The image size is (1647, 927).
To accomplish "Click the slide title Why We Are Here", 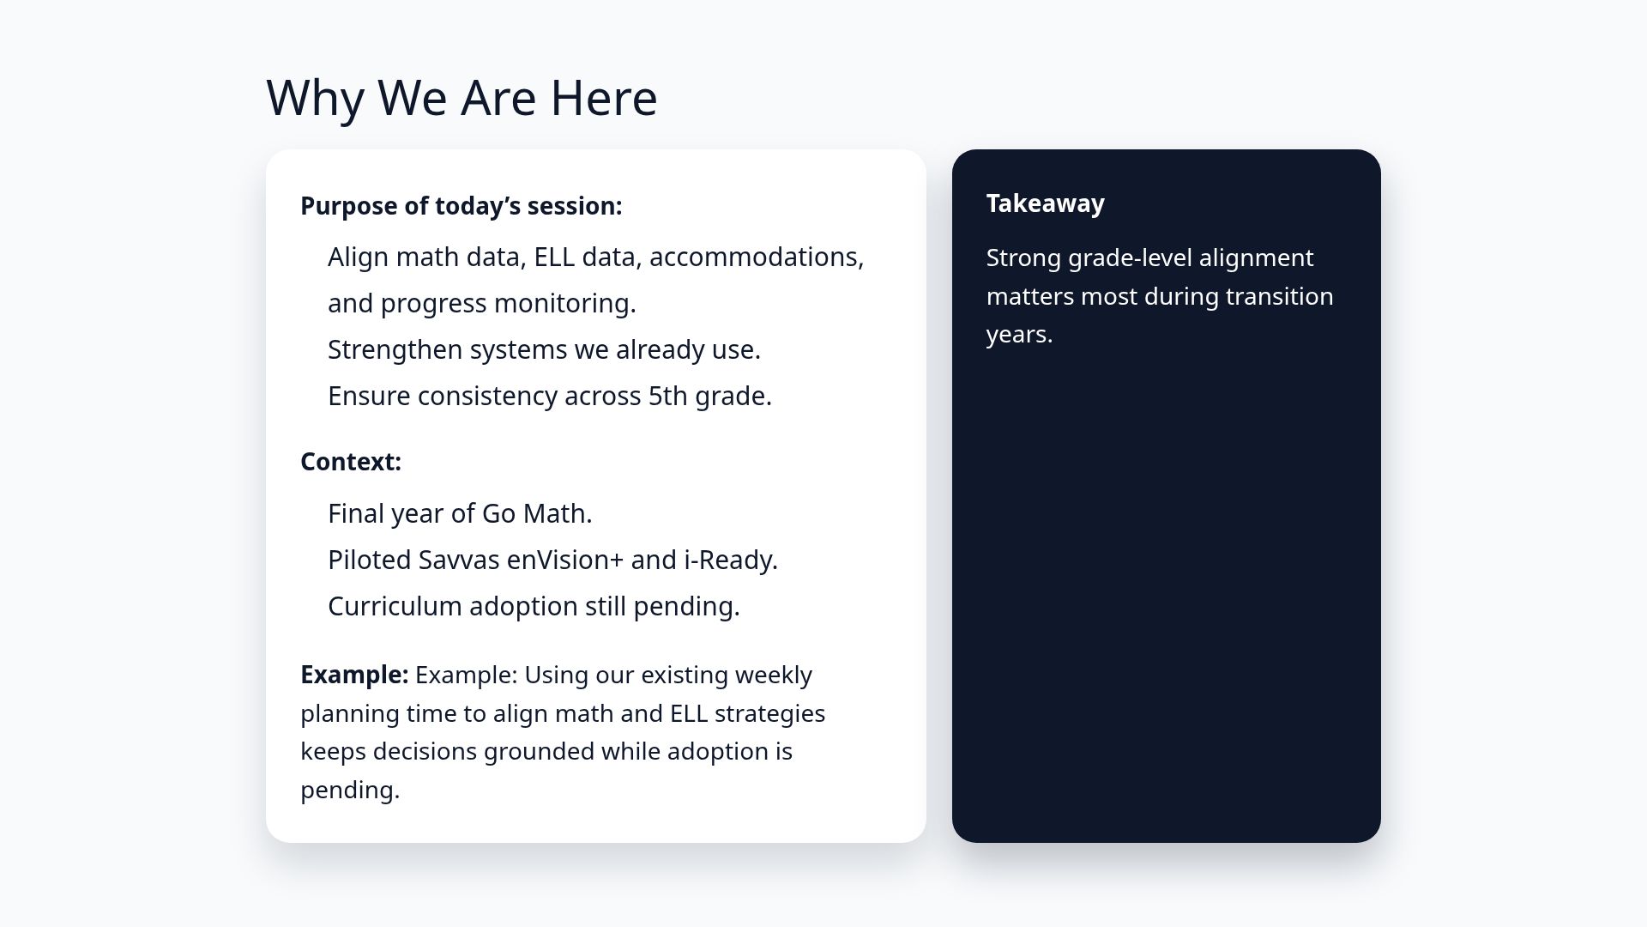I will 462,98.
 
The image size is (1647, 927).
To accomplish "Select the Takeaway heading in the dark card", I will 1045,203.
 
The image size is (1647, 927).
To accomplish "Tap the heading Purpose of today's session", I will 461,206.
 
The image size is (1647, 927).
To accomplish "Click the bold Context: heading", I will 350,462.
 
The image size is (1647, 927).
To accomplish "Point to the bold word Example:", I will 353,675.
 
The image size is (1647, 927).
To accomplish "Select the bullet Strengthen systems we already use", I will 544,350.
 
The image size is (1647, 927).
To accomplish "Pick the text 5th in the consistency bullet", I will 667,397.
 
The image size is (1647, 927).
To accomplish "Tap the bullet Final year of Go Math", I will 460,514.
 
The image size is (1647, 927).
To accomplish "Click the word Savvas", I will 458,560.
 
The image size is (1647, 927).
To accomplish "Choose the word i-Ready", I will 730,560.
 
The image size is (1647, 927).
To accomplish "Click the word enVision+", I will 564,560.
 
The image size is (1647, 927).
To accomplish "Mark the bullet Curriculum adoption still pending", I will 533,607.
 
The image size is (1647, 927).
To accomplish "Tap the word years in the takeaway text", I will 1018,335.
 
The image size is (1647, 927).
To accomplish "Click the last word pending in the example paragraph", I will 349,791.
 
